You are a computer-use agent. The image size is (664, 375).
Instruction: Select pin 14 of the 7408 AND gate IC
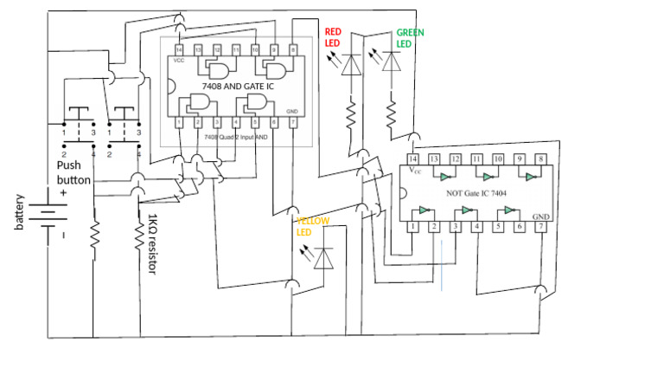(179, 49)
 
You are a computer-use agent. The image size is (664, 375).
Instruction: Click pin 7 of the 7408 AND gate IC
(293, 122)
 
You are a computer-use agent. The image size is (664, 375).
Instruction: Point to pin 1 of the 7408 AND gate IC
(179, 122)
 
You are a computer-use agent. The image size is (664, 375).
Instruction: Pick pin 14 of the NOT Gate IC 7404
(413, 159)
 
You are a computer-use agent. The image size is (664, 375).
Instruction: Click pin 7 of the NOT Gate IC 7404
(541, 227)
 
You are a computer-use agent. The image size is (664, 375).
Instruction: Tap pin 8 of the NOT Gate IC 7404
(541, 159)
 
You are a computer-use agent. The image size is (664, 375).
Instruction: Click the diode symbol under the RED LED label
(351, 66)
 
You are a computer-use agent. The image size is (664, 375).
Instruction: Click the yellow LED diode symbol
(323, 258)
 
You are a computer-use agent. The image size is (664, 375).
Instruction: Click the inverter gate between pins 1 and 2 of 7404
(424, 210)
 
